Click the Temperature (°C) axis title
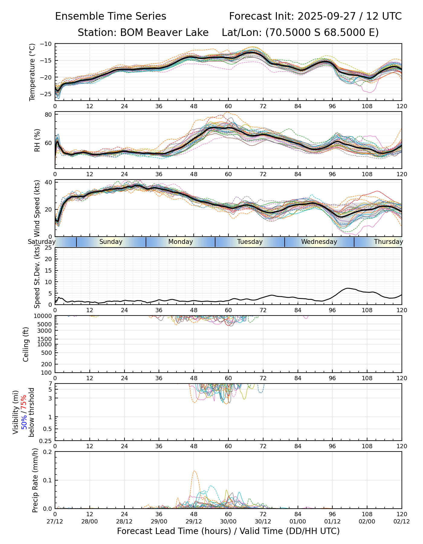tap(32, 72)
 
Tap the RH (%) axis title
tap(37, 140)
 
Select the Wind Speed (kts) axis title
tap(37, 208)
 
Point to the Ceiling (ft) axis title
tap(26, 344)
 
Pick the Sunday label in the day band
tap(111, 242)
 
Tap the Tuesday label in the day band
tap(250, 242)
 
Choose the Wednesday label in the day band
tap(319, 242)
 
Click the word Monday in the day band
tap(180, 242)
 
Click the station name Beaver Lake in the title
tap(164, 33)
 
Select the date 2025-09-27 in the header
tap(328, 16)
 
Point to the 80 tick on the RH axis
tap(49, 115)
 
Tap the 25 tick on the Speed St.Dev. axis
tap(48, 248)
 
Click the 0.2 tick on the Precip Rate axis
tap(48, 452)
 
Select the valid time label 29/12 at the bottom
tap(194, 522)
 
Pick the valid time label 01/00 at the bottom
tap(298, 522)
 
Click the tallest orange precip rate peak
tap(194, 471)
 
